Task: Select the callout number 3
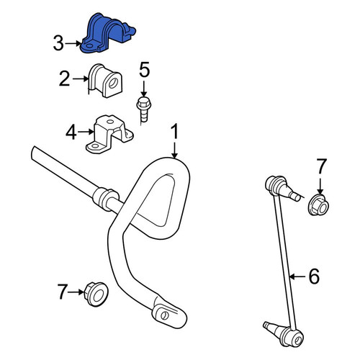coord(58,43)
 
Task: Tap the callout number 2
coord(64,79)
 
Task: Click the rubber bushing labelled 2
coord(105,81)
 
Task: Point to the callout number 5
coord(145,70)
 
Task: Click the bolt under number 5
coord(143,109)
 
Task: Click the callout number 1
coord(175,131)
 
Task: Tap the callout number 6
coord(314,276)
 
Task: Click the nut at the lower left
coord(96,294)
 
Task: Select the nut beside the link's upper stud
coord(318,205)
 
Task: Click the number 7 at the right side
coord(322,166)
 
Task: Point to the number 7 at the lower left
coord(63,292)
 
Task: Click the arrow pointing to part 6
coord(297,276)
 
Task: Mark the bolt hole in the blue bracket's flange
coord(90,45)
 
